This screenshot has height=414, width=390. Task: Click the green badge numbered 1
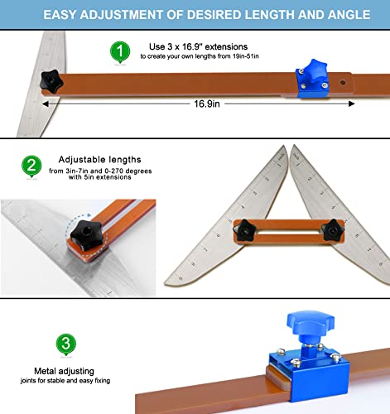pyautogui.click(x=120, y=51)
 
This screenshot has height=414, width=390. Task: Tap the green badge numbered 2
pyautogui.click(x=31, y=166)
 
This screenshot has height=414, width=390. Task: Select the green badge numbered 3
pyautogui.click(x=66, y=344)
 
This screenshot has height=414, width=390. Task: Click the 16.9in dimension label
pyautogui.click(x=207, y=103)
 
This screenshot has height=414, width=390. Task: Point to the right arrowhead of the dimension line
pyautogui.click(x=352, y=103)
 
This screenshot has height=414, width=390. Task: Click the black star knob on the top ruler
pyautogui.click(x=51, y=81)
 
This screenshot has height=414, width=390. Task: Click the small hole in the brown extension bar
pyautogui.click(x=343, y=82)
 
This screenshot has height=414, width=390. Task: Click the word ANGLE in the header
pyautogui.click(x=349, y=15)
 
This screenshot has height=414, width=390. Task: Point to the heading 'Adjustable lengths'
pyautogui.click(x=99, y=159)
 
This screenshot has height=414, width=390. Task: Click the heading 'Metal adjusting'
pyautogui.click(x=64, y=371)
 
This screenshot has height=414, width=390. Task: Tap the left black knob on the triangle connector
pyautogui.click(x=244, y=230)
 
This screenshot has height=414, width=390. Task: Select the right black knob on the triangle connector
pyautogui.click(x=333, y=230)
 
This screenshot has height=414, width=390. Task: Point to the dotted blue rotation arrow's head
pyautogui.click(x=89, y=214)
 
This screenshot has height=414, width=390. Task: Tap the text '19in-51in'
pyautogui.click(x=245, y=56)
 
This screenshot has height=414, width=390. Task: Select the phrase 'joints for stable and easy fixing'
pyautogui.click(x=65, y=381)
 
